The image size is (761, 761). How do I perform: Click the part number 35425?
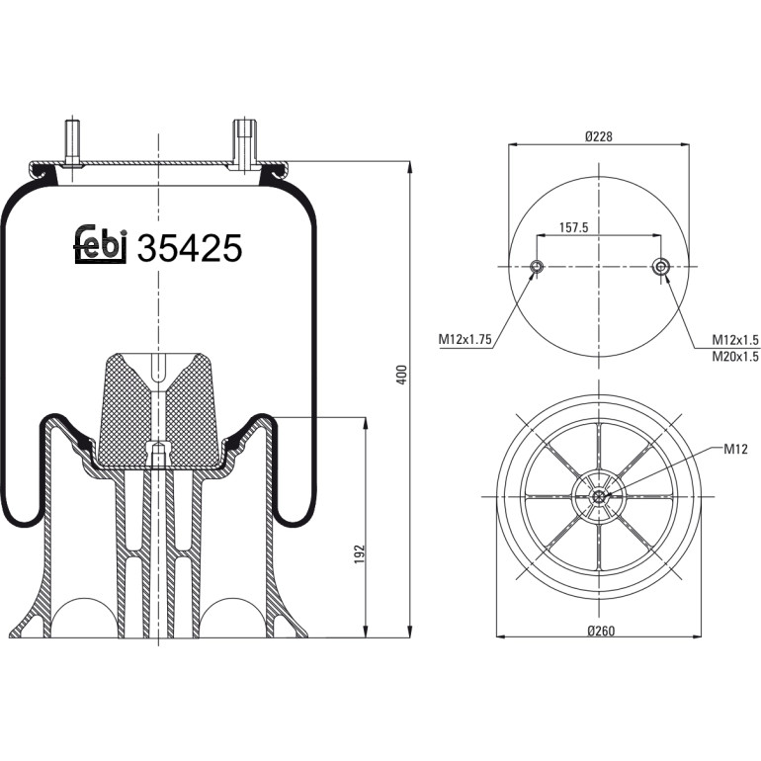(x=190, y=248)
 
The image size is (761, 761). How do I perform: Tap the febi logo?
(x=100, y=244)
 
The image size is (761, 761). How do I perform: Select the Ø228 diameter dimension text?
(x=599, y=136)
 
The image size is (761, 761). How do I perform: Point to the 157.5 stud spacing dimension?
(x=573, y=227)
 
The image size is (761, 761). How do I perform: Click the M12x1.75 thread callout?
(x=465, y=339)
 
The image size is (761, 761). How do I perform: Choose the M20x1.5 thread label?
(x=734, y=357)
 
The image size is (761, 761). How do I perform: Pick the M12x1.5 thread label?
(x=734, y=339)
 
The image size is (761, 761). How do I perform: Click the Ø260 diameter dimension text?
(x=601, y=631)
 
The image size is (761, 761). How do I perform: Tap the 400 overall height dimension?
(x=401, y=375)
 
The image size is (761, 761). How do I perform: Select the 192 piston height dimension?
(x=359, y=554)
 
